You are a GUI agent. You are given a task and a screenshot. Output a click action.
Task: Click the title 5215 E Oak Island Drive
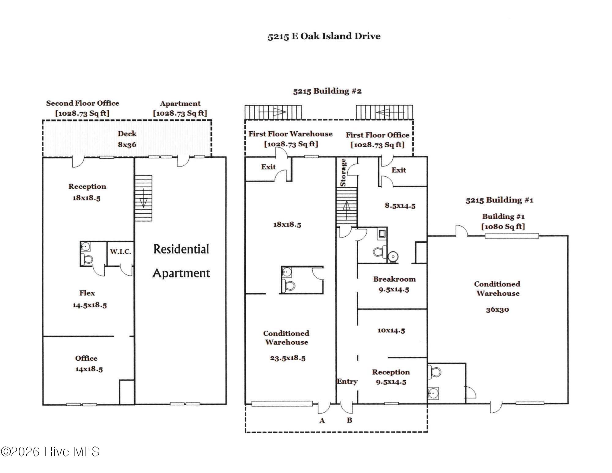click(324, 36)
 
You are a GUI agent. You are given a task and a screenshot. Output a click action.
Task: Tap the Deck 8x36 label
click(127, 139)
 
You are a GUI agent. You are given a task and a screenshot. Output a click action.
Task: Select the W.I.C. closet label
click(121, 252)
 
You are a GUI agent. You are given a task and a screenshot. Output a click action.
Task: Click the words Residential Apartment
click(181, 261)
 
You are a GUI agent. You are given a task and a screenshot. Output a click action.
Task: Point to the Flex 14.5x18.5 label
click(89, 299)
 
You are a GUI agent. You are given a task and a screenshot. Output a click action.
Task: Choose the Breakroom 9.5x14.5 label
click(394, 284)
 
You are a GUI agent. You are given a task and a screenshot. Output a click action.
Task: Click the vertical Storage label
click(343, 172)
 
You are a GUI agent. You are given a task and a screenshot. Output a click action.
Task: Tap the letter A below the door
click(322, 421)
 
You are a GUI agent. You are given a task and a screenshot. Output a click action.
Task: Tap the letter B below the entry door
click(349, 420)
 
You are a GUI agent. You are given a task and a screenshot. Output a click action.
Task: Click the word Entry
click(347, 381)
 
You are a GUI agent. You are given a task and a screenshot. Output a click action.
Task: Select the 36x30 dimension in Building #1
click(497, 310)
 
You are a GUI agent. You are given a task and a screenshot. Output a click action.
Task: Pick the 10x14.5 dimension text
click(391, 331)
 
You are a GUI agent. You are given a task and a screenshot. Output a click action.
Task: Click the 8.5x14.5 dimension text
click(400, 206)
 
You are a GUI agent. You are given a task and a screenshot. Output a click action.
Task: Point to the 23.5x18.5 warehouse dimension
click(288, 358)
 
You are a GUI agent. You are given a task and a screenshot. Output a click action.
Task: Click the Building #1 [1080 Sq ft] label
click(503, 221)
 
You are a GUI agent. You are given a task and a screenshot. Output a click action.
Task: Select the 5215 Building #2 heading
click(327, 91)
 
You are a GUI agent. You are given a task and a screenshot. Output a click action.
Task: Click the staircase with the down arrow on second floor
click(144, 198)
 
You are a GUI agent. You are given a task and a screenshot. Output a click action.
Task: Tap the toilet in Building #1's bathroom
click(435, 372)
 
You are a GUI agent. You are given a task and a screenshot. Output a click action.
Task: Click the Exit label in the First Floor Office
click(399, 170)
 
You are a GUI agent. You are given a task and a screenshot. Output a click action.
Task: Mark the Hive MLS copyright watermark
click(50, 452)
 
